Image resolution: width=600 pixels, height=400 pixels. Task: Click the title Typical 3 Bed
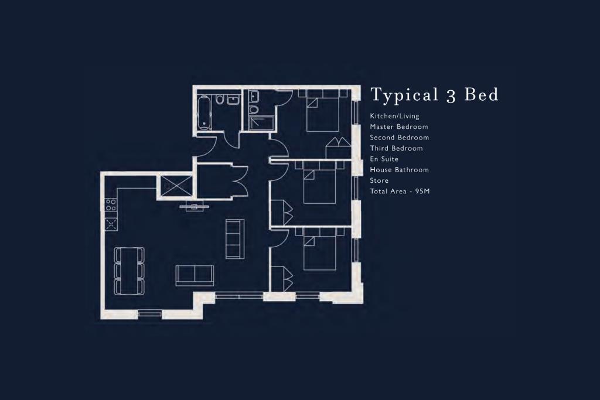point(434,95)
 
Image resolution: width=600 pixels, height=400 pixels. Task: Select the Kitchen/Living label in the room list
point(394,116)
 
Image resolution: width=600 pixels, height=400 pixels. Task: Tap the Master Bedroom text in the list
point(398,127)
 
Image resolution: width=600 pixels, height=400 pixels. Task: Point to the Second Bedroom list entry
point(399,138)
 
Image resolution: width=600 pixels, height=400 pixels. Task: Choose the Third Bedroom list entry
point(396,148)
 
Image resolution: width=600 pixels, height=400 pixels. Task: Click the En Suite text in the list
point(384,159)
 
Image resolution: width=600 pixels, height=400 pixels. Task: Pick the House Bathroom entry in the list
point(399,170)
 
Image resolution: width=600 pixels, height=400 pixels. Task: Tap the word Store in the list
point(379,180)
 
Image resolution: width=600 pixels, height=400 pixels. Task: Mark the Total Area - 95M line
point(400,192)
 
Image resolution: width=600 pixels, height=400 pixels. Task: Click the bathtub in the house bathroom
point(204,112)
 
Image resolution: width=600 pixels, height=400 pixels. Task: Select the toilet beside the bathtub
point(220,100)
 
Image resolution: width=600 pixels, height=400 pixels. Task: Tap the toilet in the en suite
point(253,109)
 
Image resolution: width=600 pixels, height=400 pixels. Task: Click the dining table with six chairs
point(129,270)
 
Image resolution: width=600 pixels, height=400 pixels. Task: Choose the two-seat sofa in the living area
point(195,275)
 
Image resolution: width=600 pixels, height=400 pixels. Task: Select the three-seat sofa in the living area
point(234,238)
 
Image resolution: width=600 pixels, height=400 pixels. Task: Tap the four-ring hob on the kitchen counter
point(111,205)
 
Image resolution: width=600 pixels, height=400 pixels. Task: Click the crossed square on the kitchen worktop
point(110,223)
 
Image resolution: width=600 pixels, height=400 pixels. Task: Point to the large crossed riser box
point(175,186)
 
